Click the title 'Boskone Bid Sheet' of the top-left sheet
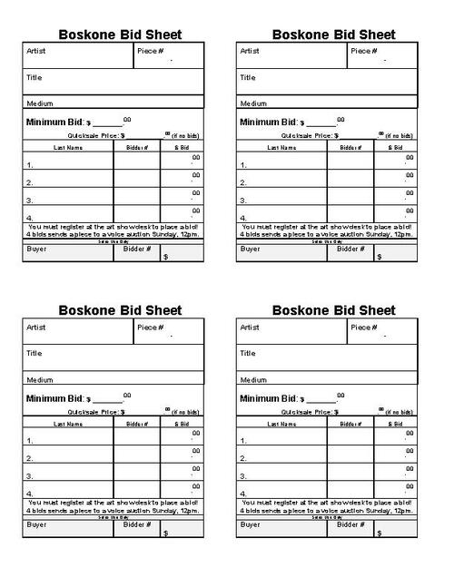(x=120, y=34)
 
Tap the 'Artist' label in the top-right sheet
(x=250, y=51)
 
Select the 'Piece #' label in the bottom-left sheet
(x=150, y=327)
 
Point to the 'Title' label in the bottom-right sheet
(x=248, y=353)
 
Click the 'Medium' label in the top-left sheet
(x=40, y=103)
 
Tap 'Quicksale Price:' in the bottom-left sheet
(x=86, y=411)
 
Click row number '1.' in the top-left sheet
(x=30, y=166)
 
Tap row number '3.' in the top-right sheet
(x=244, y=201)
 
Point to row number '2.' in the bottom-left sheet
(x=30, y=459)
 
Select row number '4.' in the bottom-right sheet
(x=244, y=494)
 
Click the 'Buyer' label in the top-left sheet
(x=37, y=248)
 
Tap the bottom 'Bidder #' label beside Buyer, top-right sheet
(x=350, y=248)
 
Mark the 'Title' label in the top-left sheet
(x=34, y=77)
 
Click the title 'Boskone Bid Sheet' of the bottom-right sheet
(x=334, y=310)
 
